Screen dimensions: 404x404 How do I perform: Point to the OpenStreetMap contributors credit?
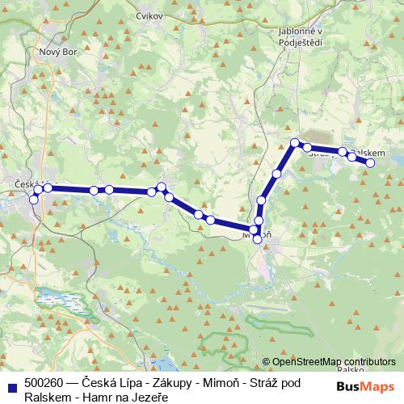coord(333,362)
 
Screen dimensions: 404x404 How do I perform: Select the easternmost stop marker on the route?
coord(371,163)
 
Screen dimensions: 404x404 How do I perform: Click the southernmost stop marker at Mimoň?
coord(258,239)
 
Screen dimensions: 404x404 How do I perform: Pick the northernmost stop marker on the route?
coord(295,144)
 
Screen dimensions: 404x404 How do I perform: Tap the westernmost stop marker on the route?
coord(33,200)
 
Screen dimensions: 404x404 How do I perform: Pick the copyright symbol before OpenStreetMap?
coord(267,363)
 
